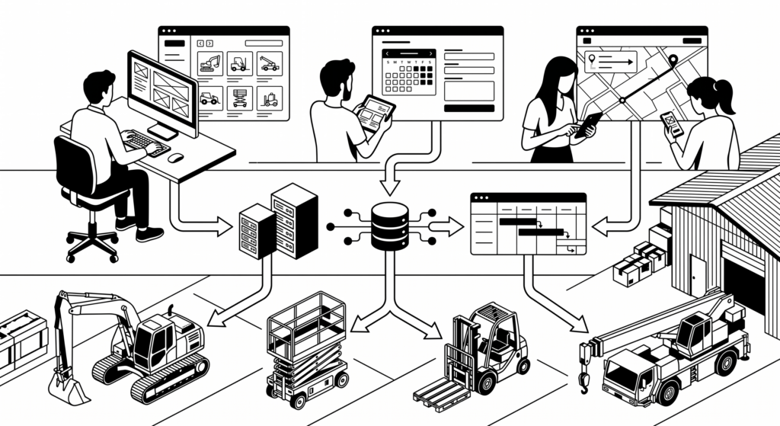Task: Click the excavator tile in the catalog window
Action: [x=209, y=63]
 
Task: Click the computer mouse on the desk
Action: [x=176, y=157]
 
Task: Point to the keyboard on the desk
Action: [x=145, y=142]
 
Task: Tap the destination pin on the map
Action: [x=673, y=60]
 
